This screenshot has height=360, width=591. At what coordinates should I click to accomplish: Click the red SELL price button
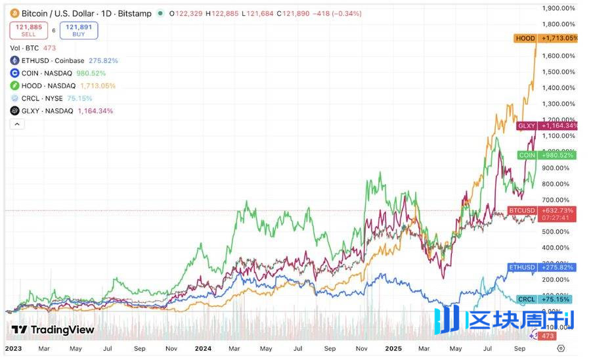point(28,30)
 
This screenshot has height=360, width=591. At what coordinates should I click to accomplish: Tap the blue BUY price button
point(78,30)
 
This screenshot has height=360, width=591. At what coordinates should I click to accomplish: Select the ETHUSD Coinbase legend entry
point(63,60)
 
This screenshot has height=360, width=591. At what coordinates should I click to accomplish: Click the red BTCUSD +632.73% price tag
point(542,210)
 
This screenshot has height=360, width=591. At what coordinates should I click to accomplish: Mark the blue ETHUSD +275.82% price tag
point(542,267)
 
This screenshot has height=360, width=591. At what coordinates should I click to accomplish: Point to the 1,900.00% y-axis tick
point(559,8)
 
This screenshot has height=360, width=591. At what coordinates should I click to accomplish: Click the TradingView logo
point(53,330)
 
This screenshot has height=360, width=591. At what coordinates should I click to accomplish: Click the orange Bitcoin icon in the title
point(14,13)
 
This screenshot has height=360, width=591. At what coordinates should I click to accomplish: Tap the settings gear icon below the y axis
point(560,348)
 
